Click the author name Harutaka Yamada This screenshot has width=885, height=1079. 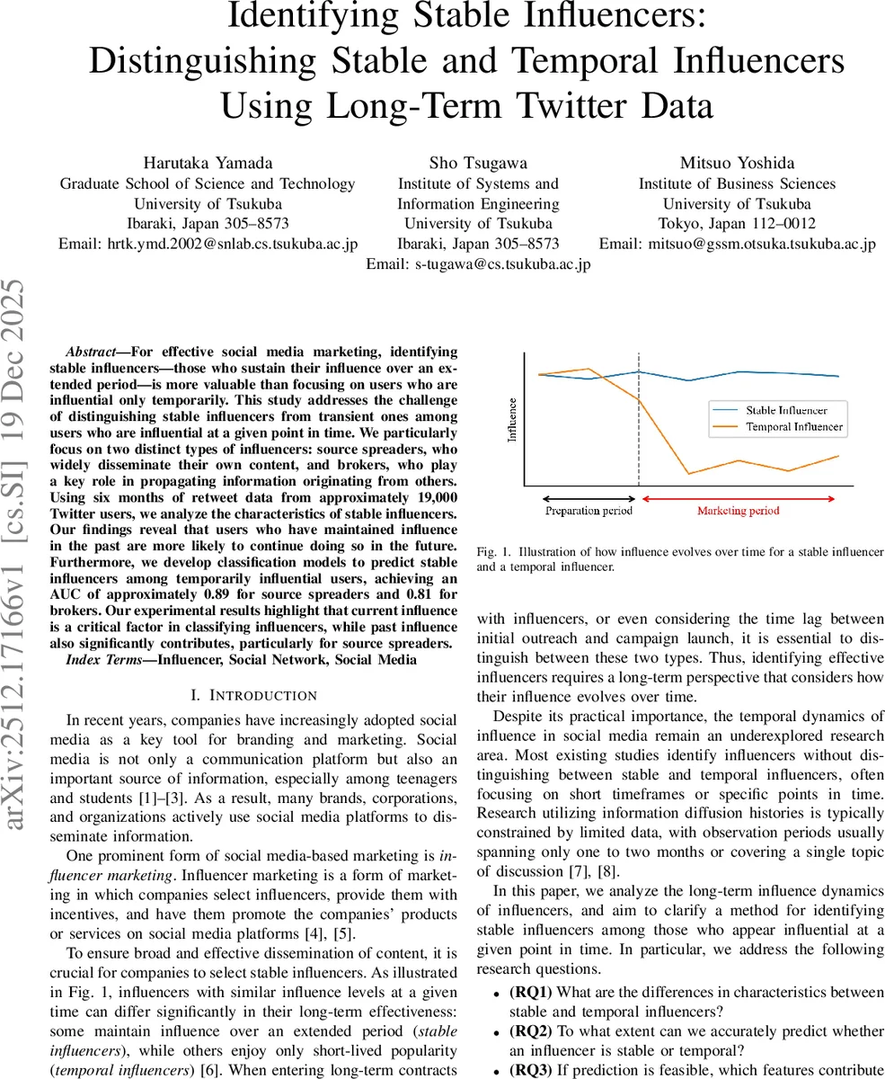208,163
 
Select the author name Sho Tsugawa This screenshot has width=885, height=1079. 478,163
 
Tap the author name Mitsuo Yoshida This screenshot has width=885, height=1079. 737,163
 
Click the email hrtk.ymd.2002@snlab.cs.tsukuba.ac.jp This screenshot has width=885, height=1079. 208,244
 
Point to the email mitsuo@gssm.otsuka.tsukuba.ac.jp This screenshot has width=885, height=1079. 737,244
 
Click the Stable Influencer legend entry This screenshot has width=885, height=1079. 786,410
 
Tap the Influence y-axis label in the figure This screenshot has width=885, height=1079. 513,419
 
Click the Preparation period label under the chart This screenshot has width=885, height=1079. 589,511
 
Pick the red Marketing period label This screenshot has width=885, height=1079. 739,511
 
